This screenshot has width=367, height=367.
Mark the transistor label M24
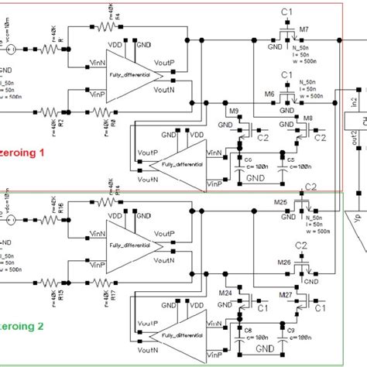pos(225,292)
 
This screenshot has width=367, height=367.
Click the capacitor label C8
pos(249,331)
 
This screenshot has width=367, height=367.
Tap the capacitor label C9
pos(293,331)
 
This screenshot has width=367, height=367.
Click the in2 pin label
pos(353,104)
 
